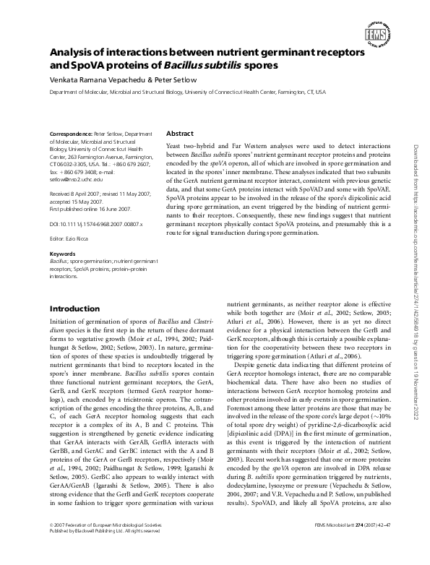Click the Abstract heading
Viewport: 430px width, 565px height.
tap(180, 134)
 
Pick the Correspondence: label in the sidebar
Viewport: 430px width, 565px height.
tap(70, 134)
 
